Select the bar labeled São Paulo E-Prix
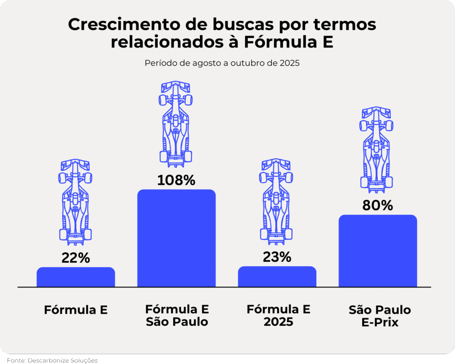pyautogui.click(x=378, y=251)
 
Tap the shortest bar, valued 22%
pyautogui.click(x=76, y=277)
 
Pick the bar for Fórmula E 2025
pyautogui.click(x=277, y=276)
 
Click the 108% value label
pyautogui.click(x=176, y=180)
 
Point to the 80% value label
pyautogui.click(x=378, y=206)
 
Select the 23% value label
pyautogui.click(x=277, y=257)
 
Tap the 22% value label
pyautogui.click(x=76, y=258)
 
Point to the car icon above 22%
pyautogui.click(x=75, y=201)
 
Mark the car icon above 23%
pyautogui.click(x=276, y=201)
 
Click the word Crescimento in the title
pyautogui.click(x=115, y=25)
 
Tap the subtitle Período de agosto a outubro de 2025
pyautogui.click(x=222, y=63)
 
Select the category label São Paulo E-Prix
pyautogui.click(x=379, y=316)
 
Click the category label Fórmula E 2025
pyautogui.click(x=278, y=316)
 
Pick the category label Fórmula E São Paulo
pyautogui.click(x=177, y=316)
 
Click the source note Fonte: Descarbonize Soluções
pyautogui.click(x=52, y=360)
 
